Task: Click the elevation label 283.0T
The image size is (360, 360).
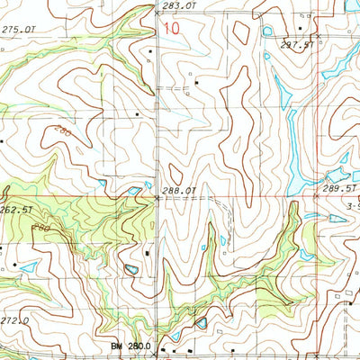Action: tap(178, 5)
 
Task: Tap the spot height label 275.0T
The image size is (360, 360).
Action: tap(19, 31)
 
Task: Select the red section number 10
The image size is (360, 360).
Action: tap(171, 27)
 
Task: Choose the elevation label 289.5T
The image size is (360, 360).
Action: tap(340, 191)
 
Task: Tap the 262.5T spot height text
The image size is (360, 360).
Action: tap(17, 210)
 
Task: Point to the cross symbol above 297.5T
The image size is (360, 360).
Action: tap(317, 35)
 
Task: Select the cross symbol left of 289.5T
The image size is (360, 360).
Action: tap(317, 197)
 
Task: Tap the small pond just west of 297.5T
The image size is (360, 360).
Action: tap(267, 31)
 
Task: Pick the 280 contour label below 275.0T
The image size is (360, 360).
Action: tap(62, 132)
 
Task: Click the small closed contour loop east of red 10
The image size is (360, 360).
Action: tap(241, 31)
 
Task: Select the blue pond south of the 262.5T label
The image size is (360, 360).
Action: tap(27, 266)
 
